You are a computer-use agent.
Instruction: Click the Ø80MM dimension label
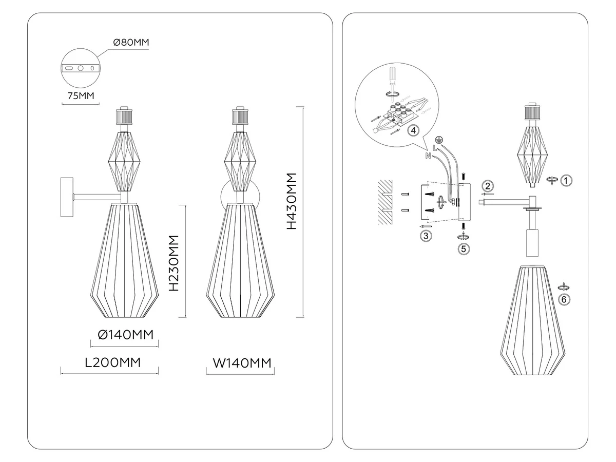[131, 43]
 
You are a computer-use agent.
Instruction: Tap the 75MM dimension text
[81, 96]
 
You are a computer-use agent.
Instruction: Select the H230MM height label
[174, 263]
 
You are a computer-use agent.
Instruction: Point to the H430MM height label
[292, 201]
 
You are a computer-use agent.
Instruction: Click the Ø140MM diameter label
[126, 335]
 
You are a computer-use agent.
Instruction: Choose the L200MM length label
[113, 362]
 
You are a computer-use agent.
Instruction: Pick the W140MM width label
[242, 363]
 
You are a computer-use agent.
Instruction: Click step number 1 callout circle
[566, 180]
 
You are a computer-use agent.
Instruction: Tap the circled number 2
[488, 186]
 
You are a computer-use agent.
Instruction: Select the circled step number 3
[426, 236]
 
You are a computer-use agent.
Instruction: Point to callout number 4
[413, 130]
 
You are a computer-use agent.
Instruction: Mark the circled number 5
[464, 249]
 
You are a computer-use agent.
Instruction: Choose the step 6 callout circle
[564, 300]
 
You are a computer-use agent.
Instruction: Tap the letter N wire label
[428, 156]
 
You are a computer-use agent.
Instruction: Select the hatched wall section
[385, 202]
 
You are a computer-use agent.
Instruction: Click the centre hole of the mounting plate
[81, 68]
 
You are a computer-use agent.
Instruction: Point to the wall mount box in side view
[67, 197]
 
